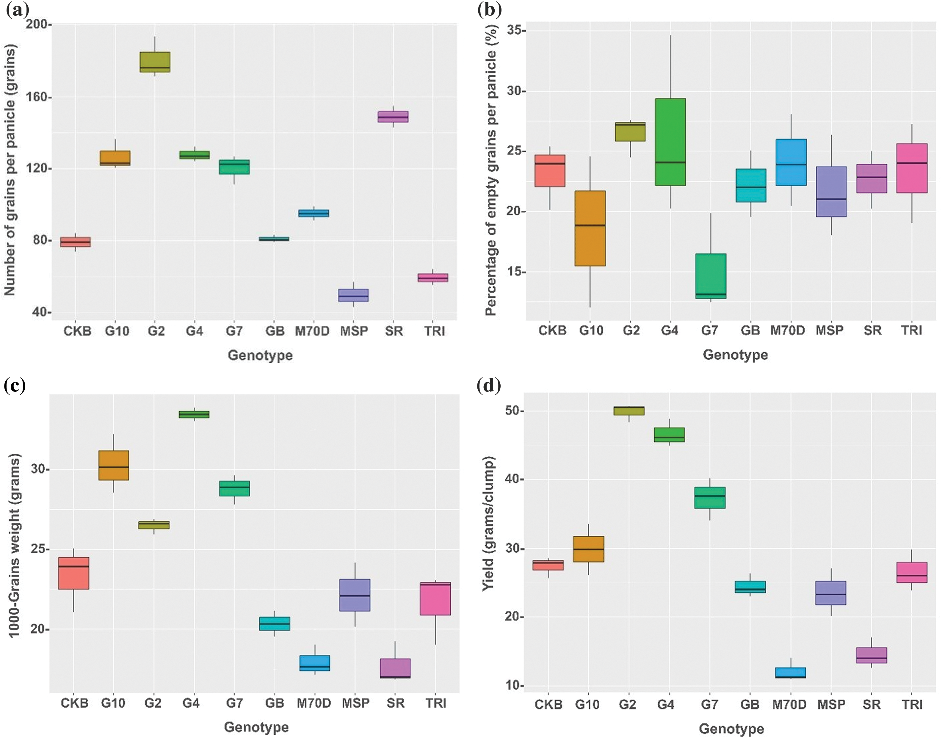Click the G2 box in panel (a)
155,62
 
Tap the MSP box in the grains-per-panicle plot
353,295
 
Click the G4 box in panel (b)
670,142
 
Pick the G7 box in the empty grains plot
710,276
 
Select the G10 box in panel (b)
590,228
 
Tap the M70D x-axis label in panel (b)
787,330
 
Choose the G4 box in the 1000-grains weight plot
194,414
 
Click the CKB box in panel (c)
73,573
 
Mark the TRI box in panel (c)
435,598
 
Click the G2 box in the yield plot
629,410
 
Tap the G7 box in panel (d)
709,497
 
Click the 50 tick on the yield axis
512,410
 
